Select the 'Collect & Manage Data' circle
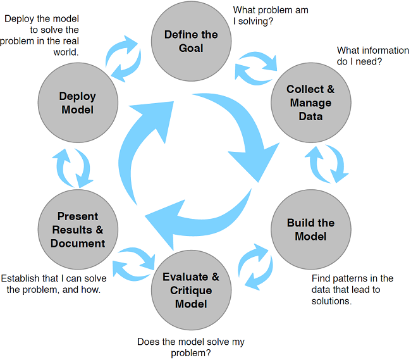pos(310,102)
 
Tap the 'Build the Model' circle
pos(310,230)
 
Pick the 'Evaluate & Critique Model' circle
pos(191,290)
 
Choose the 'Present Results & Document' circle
pos(78,230)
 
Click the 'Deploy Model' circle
pos(78,102)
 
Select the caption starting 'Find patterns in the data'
pos(352,290)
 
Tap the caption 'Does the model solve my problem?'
pos(190,347)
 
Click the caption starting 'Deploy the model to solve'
pos(42,36)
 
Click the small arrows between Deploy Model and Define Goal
pos(126,56)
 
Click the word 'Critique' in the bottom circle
pos(191,290)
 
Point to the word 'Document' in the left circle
pos(78,243)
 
